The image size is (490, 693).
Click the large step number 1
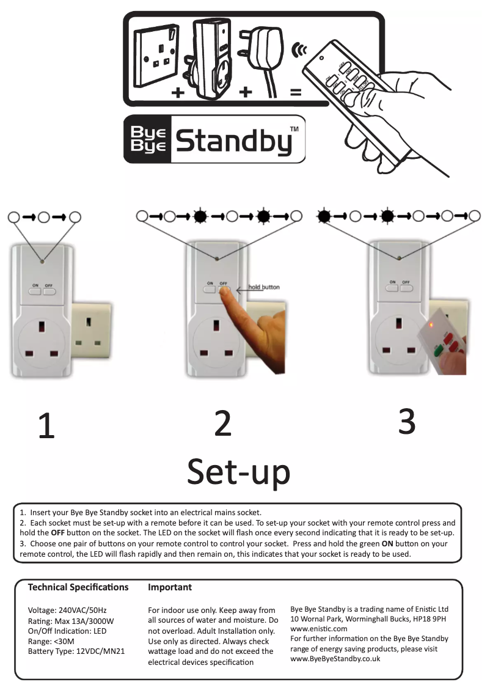pos(46,426)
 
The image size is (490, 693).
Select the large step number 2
pos(223,422)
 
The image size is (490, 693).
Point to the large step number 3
pos(407,421)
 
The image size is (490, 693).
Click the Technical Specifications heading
pos(78,587)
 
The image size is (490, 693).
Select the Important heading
pos(170,587)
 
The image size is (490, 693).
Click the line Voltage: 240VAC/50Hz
pos(68,610)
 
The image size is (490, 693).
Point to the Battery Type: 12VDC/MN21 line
pos(76,651)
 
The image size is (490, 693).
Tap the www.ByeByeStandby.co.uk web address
pos(335,659)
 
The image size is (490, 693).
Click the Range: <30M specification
pos(51,641)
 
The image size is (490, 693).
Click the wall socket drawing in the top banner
pos(158,51)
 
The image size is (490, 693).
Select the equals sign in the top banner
pos(296,93)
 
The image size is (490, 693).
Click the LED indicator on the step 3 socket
pos(399,259)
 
